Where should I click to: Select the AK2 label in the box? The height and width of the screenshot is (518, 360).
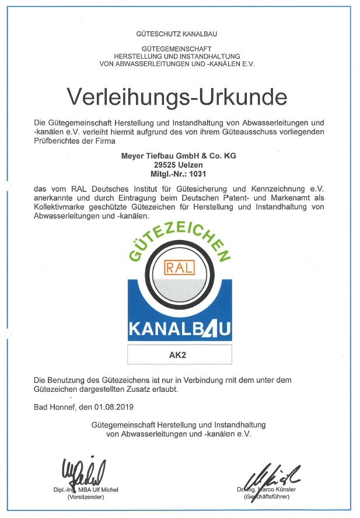coord(179,354)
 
